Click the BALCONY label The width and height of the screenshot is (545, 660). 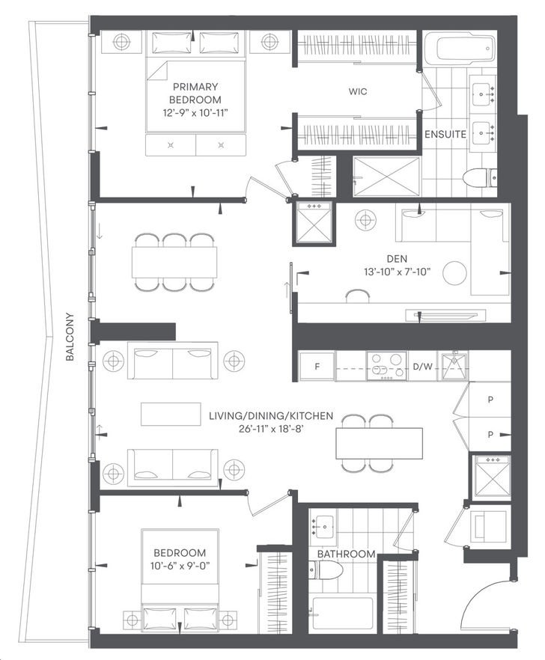[x=70, y=336]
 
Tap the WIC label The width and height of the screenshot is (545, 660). [x=358, y=91]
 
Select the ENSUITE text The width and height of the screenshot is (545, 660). [x=445, y=134]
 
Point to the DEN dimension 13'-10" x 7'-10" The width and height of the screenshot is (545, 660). [x=398, y=272]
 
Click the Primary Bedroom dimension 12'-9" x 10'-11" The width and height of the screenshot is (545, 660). [x=195, y=113]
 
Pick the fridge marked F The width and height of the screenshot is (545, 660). [x=317, y=366]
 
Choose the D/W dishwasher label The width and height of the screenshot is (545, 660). [x=422, y=367]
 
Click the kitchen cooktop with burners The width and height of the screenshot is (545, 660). [x=386, y=366]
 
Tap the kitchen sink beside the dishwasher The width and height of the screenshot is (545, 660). [x=454, y=367]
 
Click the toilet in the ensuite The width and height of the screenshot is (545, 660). [x=480, y=177]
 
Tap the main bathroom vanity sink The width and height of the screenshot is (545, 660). [x=323, y=526]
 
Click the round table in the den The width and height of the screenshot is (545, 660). [x=454, y=272]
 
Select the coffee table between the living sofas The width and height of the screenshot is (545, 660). [x=171, y=415]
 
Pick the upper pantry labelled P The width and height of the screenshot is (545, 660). [x=490, y=400]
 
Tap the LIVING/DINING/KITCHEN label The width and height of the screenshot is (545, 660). [x=271, y=416]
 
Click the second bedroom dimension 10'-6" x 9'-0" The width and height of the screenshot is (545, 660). [x=180, y=566]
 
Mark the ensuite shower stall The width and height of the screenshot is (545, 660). [x=386, y=177]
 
